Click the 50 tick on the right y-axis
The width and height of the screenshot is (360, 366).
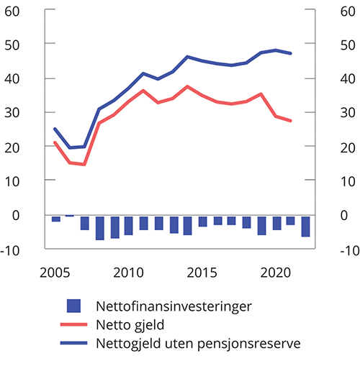(x=347, y=45)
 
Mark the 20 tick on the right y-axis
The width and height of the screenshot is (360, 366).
(x=347, y=147)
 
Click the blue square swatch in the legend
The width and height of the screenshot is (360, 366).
(x=74, y=306)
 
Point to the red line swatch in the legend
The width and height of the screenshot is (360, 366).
(x=74, y=324)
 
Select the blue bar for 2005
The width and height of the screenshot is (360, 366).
(x=55, y=219)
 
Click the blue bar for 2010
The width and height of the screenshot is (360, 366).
(x=129, y=225)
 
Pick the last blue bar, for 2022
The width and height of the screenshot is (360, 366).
(x=305, y=226)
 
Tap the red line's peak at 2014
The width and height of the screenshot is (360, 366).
(x=187, y=86)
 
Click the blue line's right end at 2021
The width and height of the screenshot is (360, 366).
(x=290, y=53)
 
